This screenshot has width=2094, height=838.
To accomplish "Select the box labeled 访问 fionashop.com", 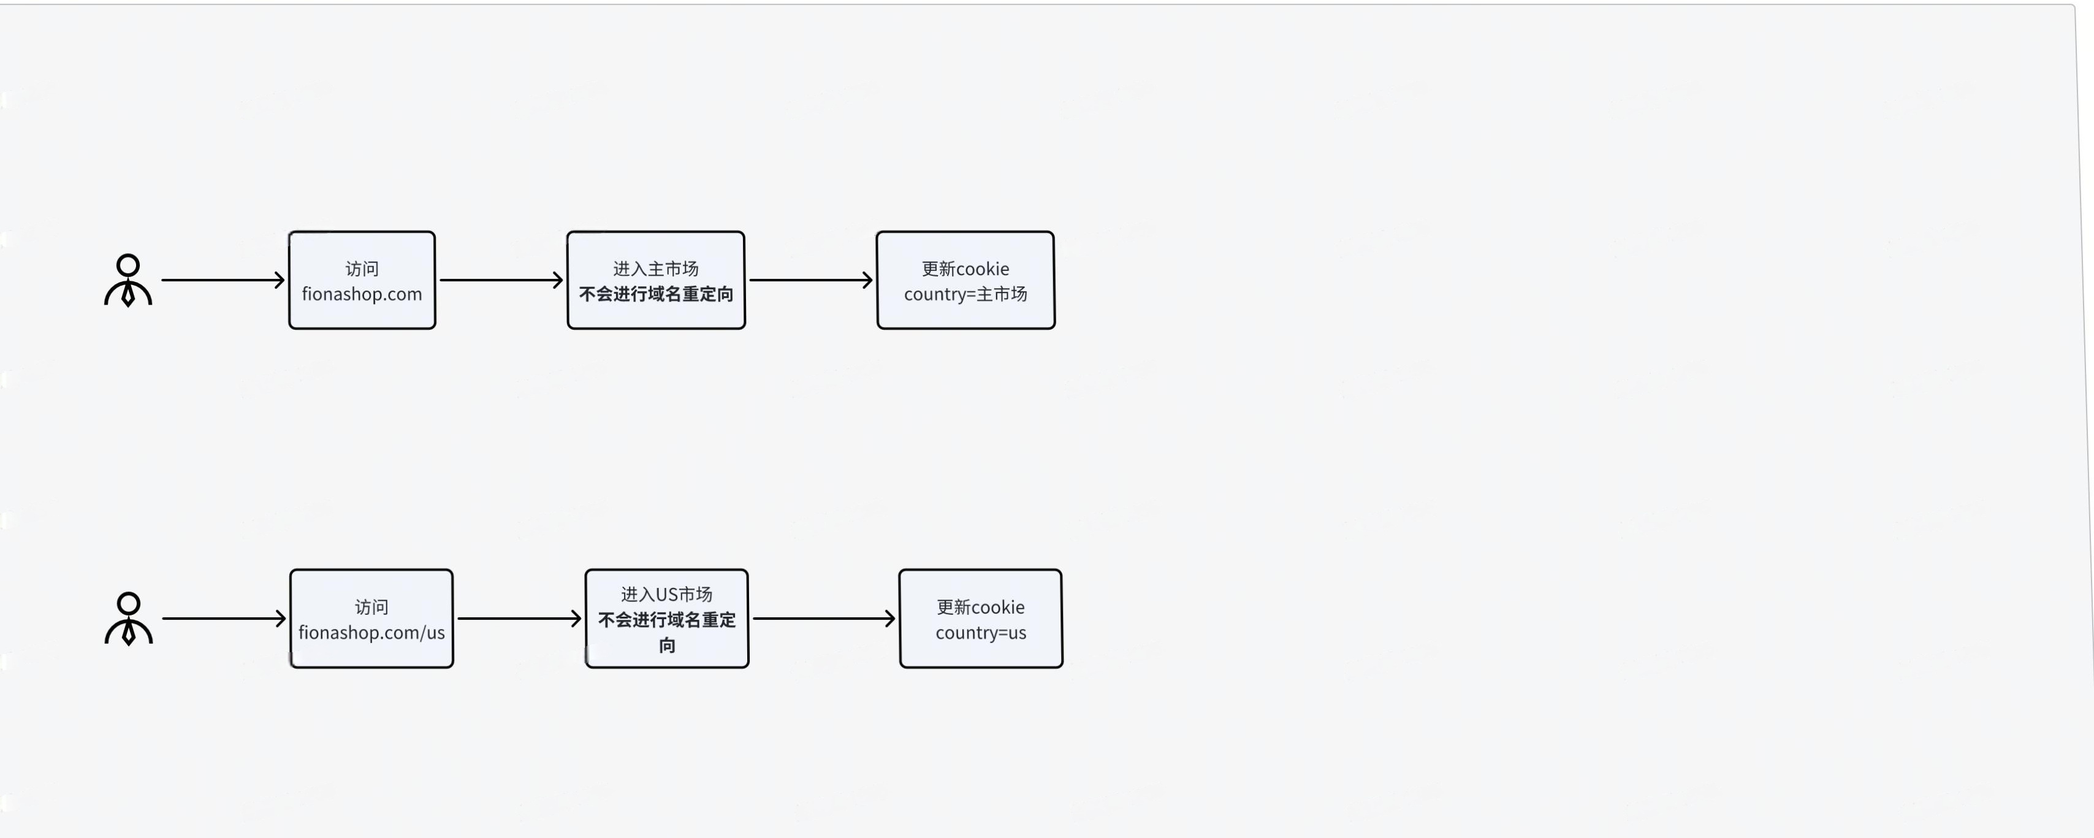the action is click(362, 280).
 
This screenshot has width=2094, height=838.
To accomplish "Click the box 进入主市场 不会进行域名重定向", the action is click(656, 280).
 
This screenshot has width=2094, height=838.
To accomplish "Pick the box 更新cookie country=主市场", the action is click(965, 280).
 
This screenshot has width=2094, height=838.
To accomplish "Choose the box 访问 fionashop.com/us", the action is click(371, 619).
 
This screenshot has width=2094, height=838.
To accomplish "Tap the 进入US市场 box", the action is click(666, 619).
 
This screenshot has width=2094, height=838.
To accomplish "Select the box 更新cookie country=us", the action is click(980, 619).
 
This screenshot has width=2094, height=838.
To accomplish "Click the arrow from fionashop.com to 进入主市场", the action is click(501, 280).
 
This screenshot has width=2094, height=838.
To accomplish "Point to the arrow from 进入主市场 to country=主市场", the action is click(811, 280).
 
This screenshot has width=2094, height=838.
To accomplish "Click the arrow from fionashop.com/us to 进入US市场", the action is click(519, 619).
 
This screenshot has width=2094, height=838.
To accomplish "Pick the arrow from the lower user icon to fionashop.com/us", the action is click(224, 619).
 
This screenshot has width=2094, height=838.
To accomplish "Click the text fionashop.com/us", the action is click(371, 633).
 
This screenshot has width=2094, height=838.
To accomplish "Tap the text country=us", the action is click(980, 633).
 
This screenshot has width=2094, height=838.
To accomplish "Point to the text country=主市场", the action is click(965, 294).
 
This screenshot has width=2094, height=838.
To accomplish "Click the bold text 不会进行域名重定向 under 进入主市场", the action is click(656, 294).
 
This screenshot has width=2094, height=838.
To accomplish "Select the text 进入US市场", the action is click(666, 594).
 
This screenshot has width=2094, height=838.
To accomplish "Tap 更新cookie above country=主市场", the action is click(965, 269).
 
